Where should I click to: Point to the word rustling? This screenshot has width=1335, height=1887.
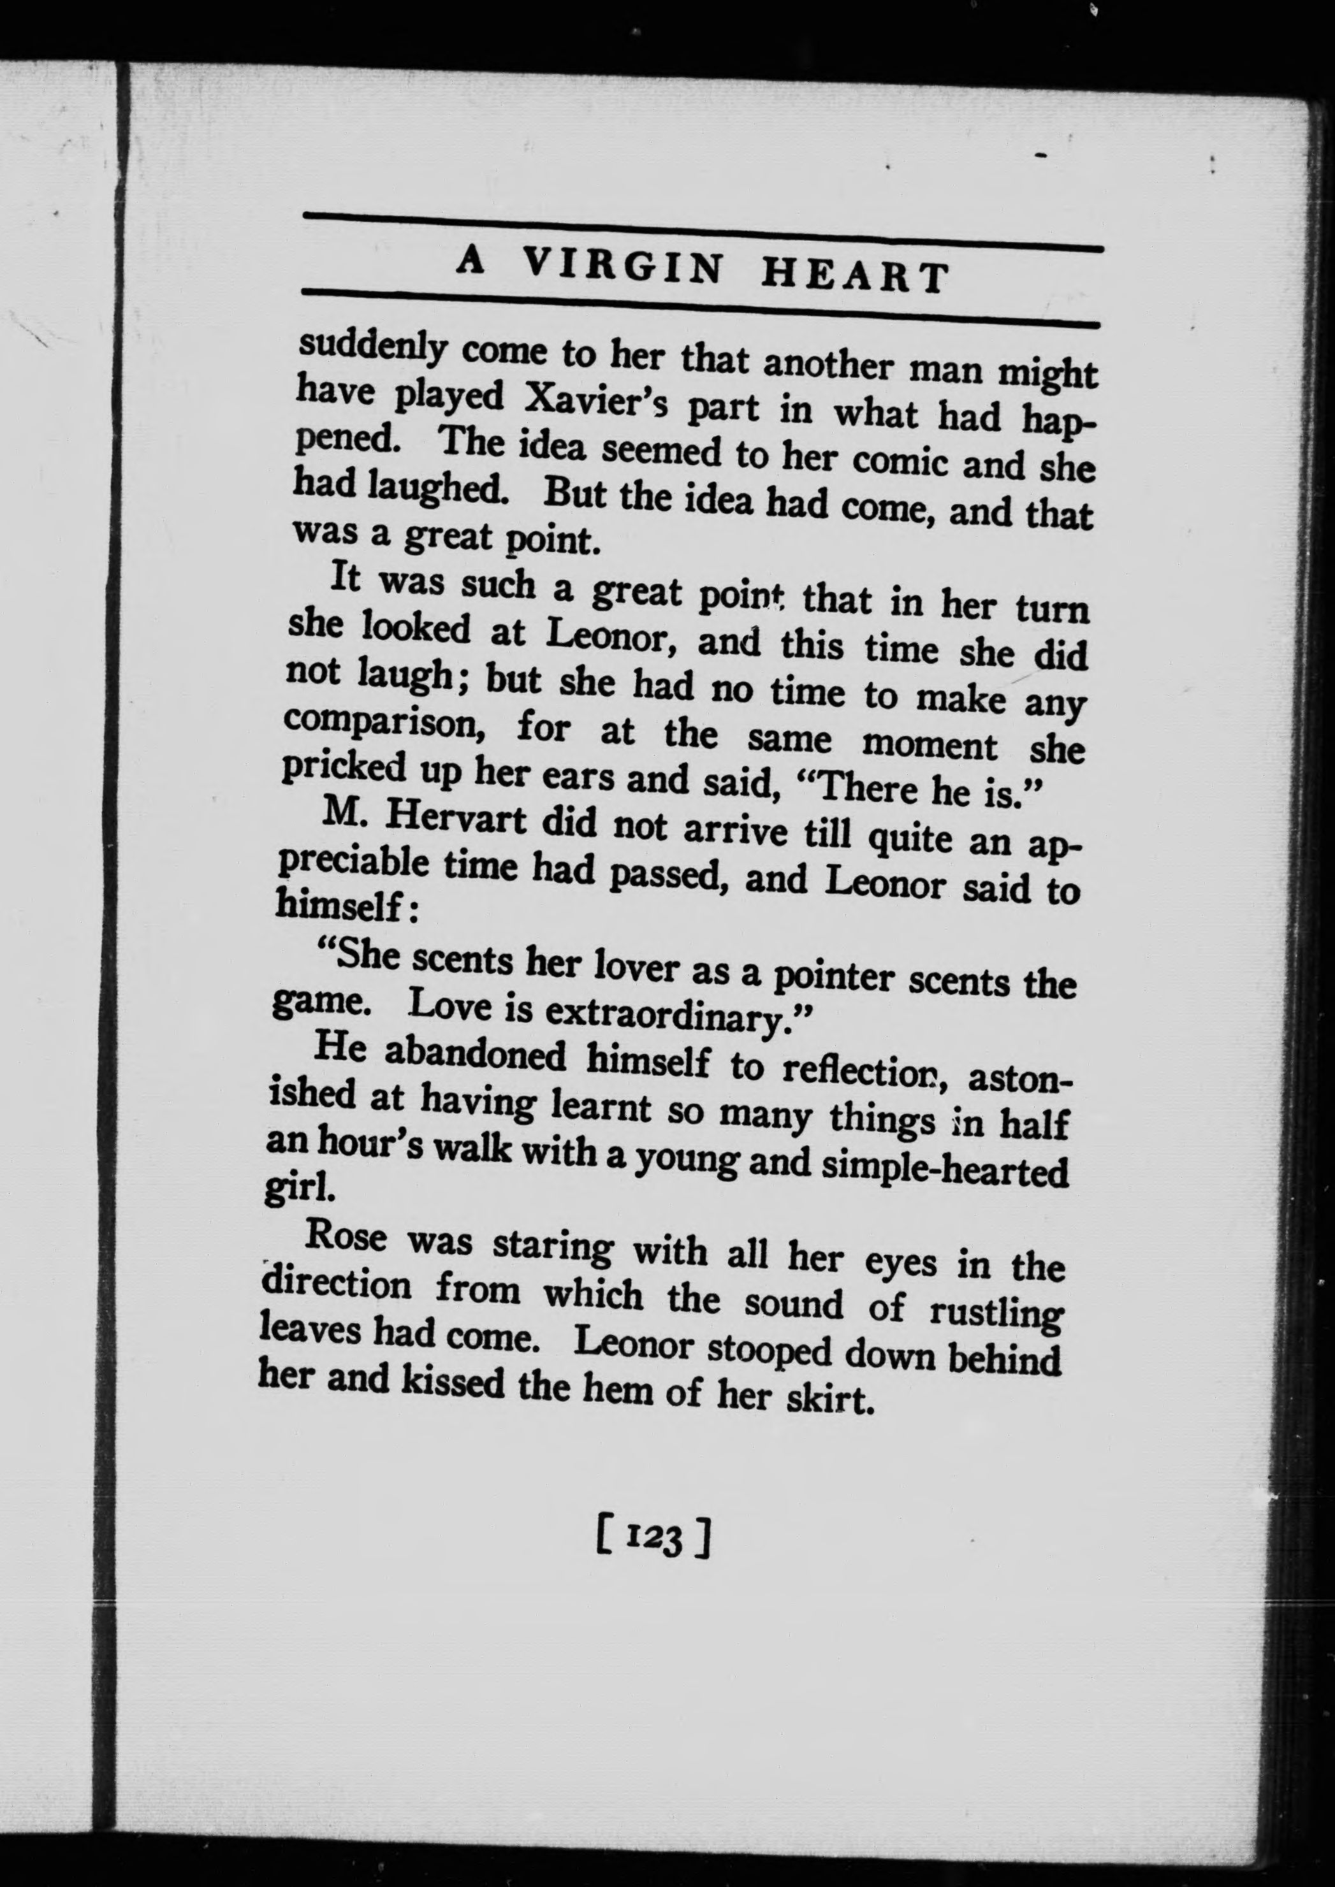tap(996, 1313)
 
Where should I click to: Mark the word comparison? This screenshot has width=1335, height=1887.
tap(375, 723)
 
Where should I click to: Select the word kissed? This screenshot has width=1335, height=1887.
tap(451, 1382)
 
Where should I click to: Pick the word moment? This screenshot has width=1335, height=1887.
tap(929, 744)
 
